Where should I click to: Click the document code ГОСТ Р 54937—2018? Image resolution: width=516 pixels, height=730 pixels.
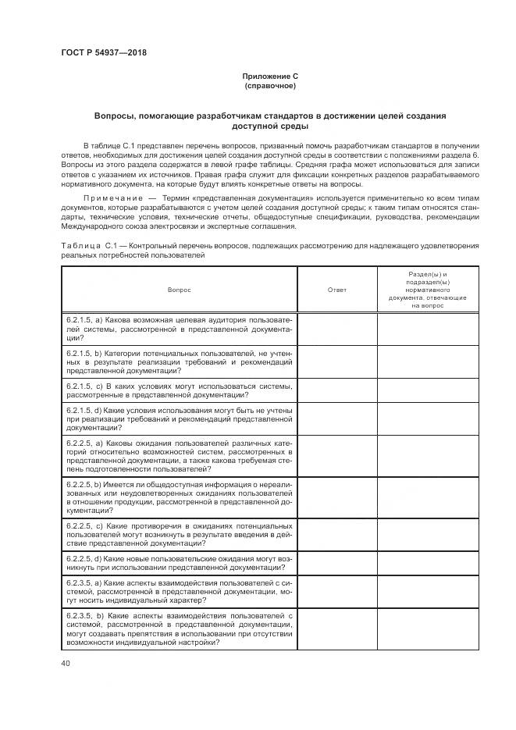104,53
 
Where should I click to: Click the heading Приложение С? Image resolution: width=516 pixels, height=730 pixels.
270,77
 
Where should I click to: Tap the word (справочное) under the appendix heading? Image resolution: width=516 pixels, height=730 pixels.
270,86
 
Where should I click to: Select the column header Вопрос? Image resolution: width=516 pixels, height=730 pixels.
179,290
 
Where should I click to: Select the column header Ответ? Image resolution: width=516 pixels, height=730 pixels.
337,290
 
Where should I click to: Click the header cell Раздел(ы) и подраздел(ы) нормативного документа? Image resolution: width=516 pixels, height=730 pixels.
426,290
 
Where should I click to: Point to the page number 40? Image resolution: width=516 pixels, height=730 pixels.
66,664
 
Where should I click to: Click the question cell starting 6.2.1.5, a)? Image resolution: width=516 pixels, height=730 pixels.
179,329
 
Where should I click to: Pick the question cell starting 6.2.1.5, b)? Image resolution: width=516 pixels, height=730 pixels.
179,362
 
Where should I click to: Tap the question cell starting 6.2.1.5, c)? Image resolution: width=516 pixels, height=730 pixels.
179,390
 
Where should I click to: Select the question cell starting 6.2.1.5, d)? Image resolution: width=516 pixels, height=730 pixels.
179,418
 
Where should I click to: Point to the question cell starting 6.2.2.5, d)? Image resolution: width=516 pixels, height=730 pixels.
179,564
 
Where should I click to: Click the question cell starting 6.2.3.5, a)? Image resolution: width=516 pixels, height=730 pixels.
179,592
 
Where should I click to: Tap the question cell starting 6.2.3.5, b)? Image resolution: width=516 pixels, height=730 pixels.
179,629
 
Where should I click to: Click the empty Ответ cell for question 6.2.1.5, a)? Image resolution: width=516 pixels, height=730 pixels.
337,329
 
